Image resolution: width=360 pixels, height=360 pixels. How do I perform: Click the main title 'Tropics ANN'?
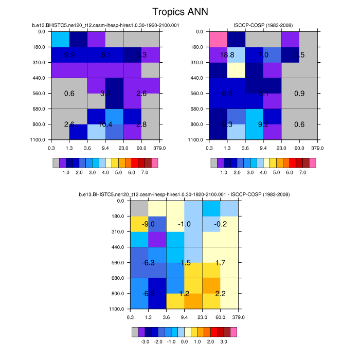point(179,11)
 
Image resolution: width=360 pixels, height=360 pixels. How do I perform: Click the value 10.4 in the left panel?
point(105,124)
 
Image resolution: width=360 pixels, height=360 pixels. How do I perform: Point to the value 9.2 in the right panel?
point(263,124)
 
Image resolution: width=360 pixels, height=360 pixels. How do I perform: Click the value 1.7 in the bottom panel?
point(221,262)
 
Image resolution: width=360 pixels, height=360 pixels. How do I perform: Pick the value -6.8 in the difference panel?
point(149,294)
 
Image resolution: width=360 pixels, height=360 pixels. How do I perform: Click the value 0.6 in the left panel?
point(69,94)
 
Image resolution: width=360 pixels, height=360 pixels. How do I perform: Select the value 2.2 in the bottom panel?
point(221,294)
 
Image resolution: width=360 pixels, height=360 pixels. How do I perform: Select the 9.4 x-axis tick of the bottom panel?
point(184,317)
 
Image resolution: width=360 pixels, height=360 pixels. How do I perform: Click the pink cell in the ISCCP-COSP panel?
point(218,40)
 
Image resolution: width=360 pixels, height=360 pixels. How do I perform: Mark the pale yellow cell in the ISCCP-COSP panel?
point(236,70)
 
